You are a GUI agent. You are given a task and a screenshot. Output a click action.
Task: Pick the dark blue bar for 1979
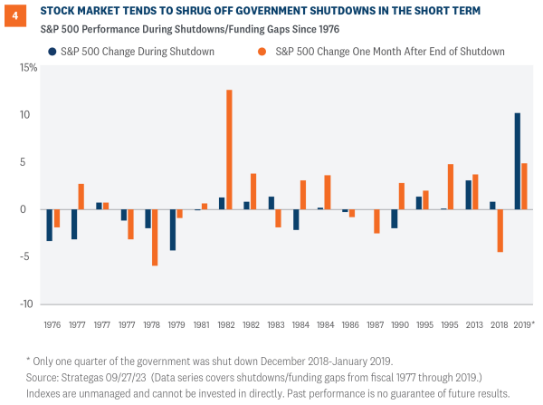[172, 230]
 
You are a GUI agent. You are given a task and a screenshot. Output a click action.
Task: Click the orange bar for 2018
[499, 231]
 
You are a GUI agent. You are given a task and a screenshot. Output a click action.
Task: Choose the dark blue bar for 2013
[468, 195]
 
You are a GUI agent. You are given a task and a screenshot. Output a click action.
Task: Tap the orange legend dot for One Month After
[265, 52]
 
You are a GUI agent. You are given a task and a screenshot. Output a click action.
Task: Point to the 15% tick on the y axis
[27, 68]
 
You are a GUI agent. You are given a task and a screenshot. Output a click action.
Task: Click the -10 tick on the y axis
[29, 304]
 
